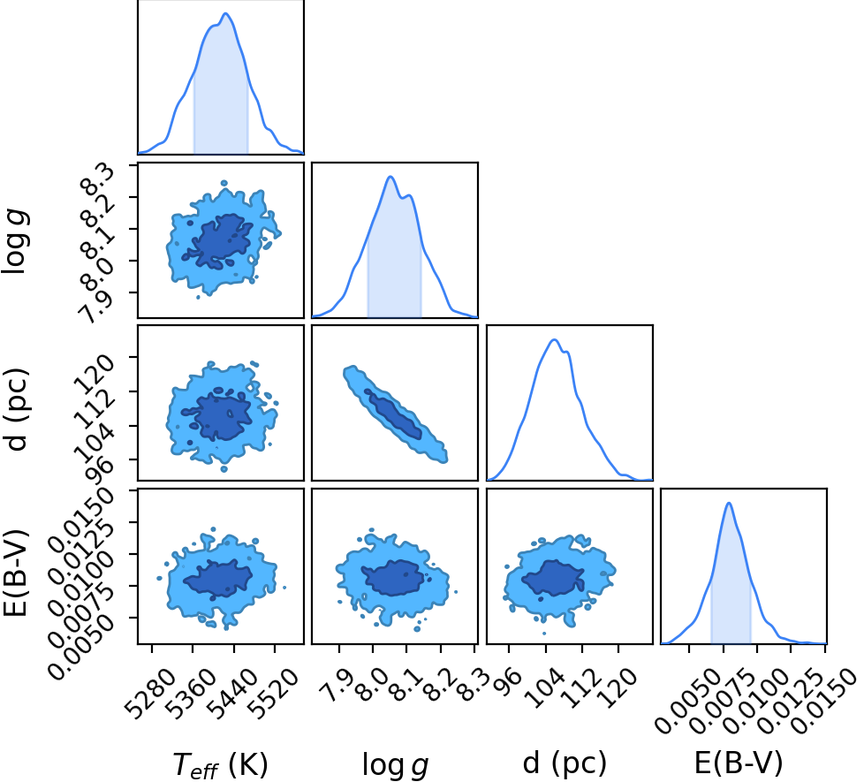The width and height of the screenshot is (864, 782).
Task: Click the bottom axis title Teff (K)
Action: pos(220,763)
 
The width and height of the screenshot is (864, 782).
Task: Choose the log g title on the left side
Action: pos(15,242)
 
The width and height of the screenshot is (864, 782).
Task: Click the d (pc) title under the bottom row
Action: pos(565,763)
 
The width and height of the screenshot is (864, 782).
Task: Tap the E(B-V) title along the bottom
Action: pos(739,763)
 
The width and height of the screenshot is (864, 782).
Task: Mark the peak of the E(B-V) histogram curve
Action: pos(729,503)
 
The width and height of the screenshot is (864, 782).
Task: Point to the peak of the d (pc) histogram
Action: pos(554,339)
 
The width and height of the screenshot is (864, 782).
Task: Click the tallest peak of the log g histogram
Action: pos(390,177)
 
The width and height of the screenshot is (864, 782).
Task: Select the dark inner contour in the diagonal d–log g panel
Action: pos(393,414)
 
